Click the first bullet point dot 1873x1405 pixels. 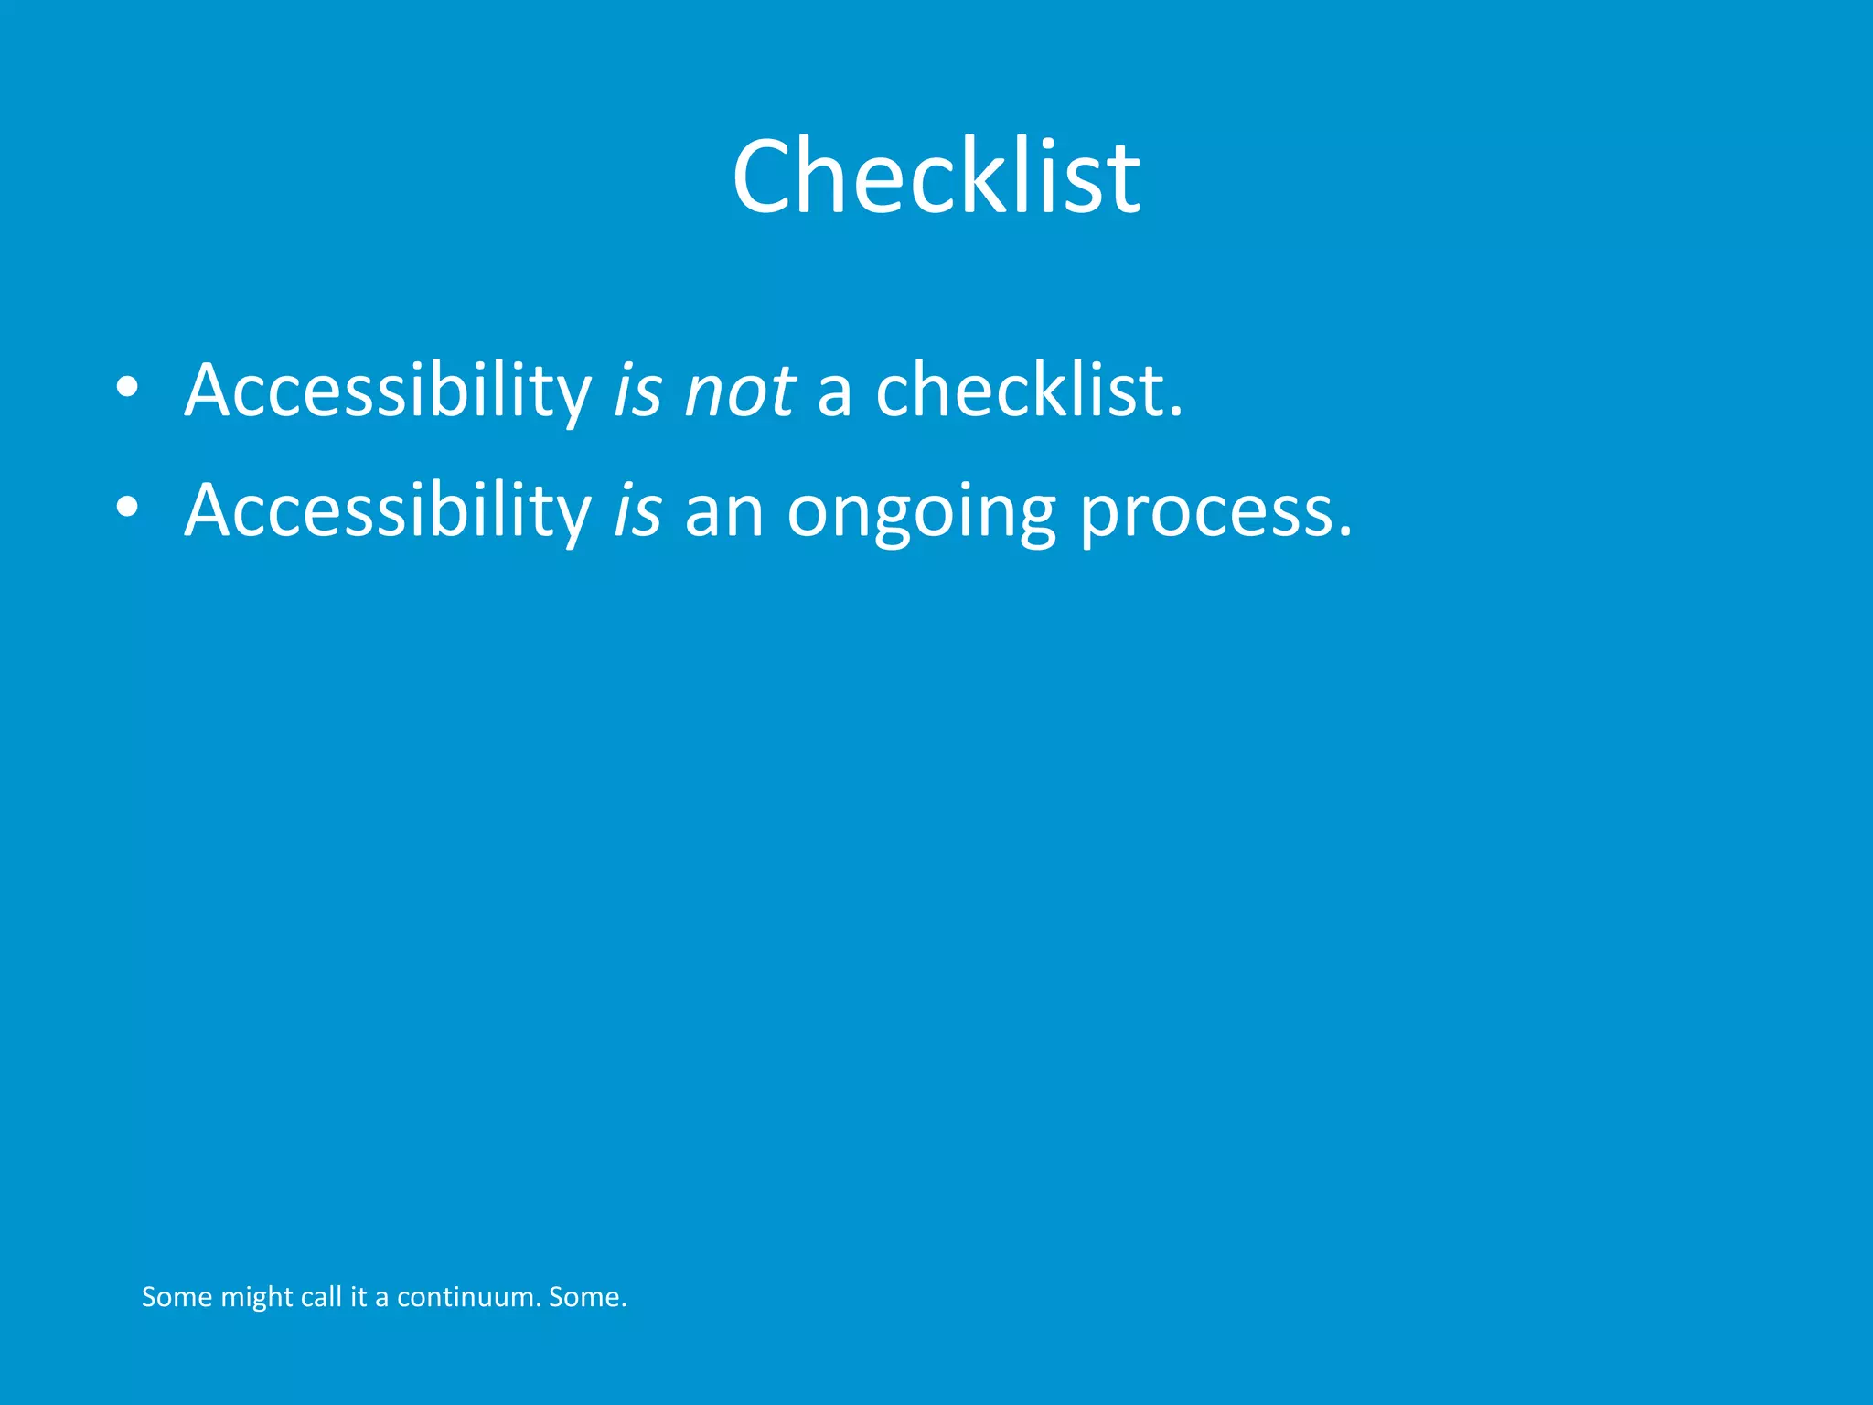[127, 388]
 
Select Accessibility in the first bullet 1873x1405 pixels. [388, 391]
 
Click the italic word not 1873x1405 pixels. [739, 391]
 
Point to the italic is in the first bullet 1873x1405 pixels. [637, 391]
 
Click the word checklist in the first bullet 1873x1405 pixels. [1029, 391]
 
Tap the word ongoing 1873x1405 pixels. [921, 512]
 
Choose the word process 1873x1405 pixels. [1215, 512]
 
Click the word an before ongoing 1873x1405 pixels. [723, 512]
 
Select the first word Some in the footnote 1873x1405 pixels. [177, 1297]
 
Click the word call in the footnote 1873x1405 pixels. [321, 1297]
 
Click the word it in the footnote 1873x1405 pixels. [359, 1297]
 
